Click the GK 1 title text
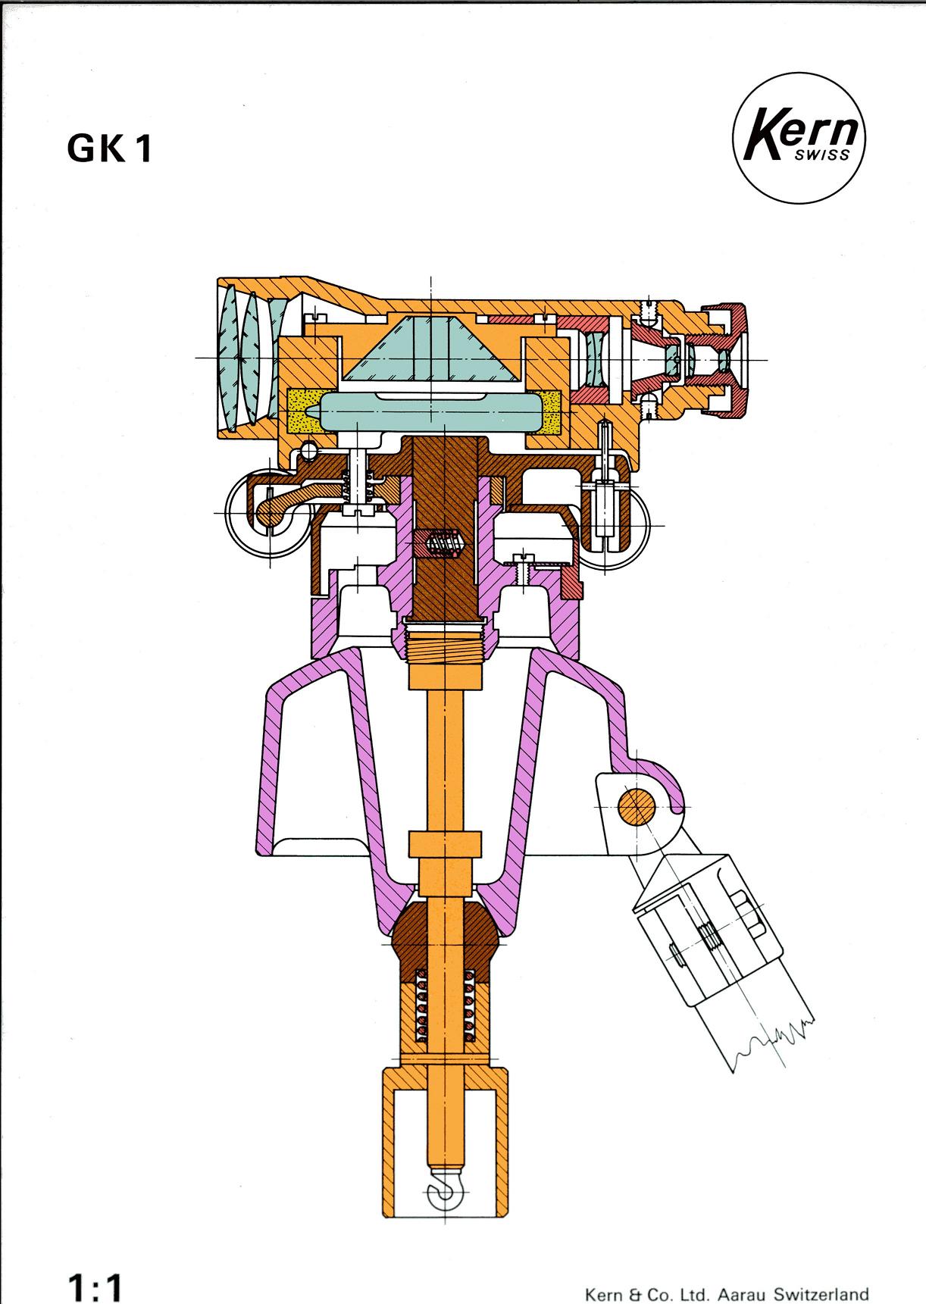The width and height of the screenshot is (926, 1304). pyautogui.click(x=110, y=149)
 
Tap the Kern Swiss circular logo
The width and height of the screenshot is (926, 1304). pyautogui.click(x=800, y=142)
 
